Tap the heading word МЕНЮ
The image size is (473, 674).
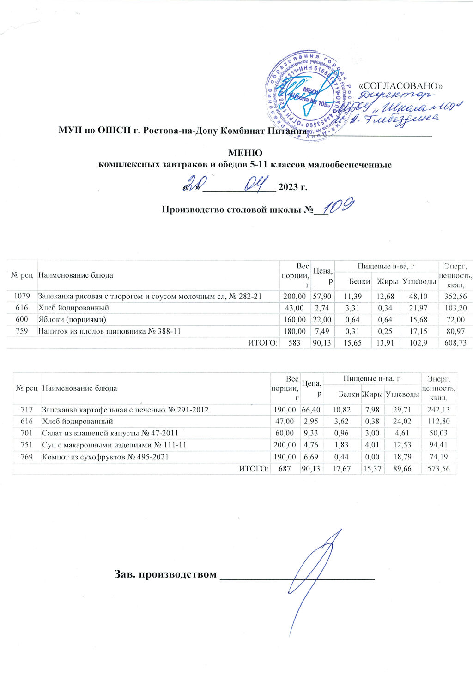245,153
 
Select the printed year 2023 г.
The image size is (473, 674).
293,187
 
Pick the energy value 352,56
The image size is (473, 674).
455,296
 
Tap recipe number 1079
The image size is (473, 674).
23,296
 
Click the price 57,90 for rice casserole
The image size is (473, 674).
322,296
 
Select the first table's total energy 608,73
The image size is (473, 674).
455,343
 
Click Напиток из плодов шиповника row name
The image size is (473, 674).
109,331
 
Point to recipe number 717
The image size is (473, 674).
26,409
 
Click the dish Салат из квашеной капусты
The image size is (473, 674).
110,433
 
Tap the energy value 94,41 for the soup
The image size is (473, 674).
439,445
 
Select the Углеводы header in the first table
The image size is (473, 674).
418,281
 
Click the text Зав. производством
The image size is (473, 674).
165,574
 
